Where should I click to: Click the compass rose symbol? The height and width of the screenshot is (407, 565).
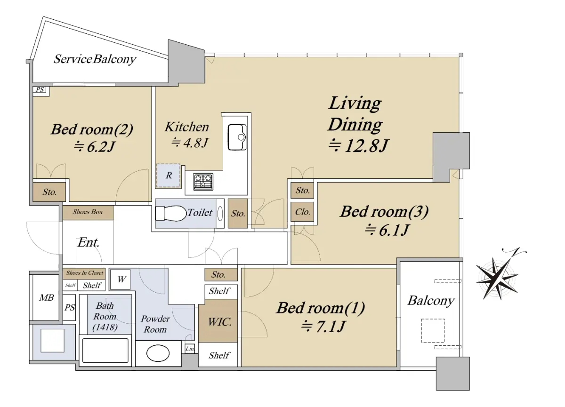496,278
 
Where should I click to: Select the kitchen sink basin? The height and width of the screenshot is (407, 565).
237,137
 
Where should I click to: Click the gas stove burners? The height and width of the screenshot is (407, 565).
203,182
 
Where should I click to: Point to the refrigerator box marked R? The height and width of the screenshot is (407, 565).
169,176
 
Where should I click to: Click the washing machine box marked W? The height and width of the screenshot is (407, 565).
121,279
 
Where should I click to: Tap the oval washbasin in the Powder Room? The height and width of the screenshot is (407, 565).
158,353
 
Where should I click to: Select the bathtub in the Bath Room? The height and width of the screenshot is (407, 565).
105,351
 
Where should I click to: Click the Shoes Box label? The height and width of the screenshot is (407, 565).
88,212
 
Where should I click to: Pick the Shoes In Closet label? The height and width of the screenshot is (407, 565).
85,273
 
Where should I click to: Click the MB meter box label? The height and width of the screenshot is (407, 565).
47,298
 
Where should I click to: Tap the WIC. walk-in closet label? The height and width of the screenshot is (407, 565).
220,322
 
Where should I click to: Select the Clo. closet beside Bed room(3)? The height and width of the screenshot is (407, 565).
302,212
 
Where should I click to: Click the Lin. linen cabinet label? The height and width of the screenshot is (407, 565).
190,349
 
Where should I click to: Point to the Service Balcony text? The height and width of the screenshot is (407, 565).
95,59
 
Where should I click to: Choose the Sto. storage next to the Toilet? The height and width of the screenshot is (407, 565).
238,214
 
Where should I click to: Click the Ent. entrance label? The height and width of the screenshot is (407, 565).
89,242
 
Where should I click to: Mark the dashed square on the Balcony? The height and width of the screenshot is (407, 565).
433,330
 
